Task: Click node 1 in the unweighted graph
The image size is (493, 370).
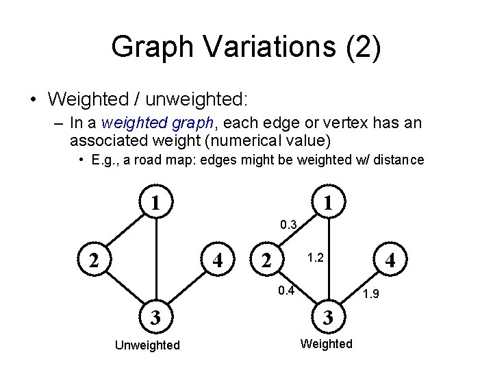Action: (156, 203)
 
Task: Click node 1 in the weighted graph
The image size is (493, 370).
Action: (329, 203)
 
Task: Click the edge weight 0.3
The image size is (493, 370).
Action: (288, 224)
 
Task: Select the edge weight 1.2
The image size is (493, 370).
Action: (316, 258)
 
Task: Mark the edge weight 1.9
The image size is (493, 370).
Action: (371, 295)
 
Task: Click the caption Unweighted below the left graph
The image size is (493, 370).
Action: (147, 345)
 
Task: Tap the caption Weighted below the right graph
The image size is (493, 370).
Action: (327, 343)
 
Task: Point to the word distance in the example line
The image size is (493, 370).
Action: (398, 160)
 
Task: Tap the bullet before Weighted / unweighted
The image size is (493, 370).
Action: (33, 99)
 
